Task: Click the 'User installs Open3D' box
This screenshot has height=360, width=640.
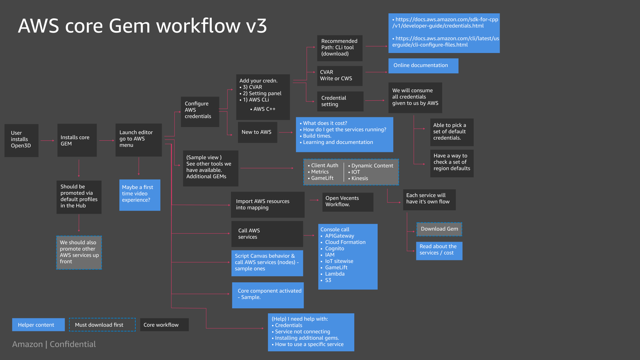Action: tap(21, 140)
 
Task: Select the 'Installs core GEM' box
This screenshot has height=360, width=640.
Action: tap(77, 140)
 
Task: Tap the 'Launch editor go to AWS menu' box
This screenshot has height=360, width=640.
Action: tap(139, 140)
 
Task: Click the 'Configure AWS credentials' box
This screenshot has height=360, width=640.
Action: tap(200, 112)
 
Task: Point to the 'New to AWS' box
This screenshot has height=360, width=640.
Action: tap(257, 132)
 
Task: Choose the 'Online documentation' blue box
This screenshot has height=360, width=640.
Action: tap(423, 66)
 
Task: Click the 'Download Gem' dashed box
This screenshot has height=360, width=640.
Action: tap(439, 229)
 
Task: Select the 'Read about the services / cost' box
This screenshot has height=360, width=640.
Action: tap(439, 251)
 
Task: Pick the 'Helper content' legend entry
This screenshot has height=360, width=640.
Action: tap(38, 325)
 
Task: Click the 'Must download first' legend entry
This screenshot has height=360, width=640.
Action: tap(102, 325)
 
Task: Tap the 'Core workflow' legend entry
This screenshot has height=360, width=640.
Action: tap(164, 325)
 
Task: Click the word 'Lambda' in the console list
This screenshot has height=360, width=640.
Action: tap(335, 274)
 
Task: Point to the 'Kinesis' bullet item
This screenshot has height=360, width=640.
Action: tap(360, 178)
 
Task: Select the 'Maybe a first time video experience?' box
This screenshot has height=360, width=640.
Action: tap(140, 195)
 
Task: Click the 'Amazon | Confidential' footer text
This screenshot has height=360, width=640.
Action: tap(54, 344)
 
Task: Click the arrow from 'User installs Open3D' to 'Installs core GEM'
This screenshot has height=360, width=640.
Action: tap(48, 141)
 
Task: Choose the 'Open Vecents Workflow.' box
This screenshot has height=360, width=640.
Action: tap(348, 202)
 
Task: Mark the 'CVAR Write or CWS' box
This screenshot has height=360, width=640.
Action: tap(340, 76)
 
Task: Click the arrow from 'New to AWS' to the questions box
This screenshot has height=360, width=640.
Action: tap(286, 132)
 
